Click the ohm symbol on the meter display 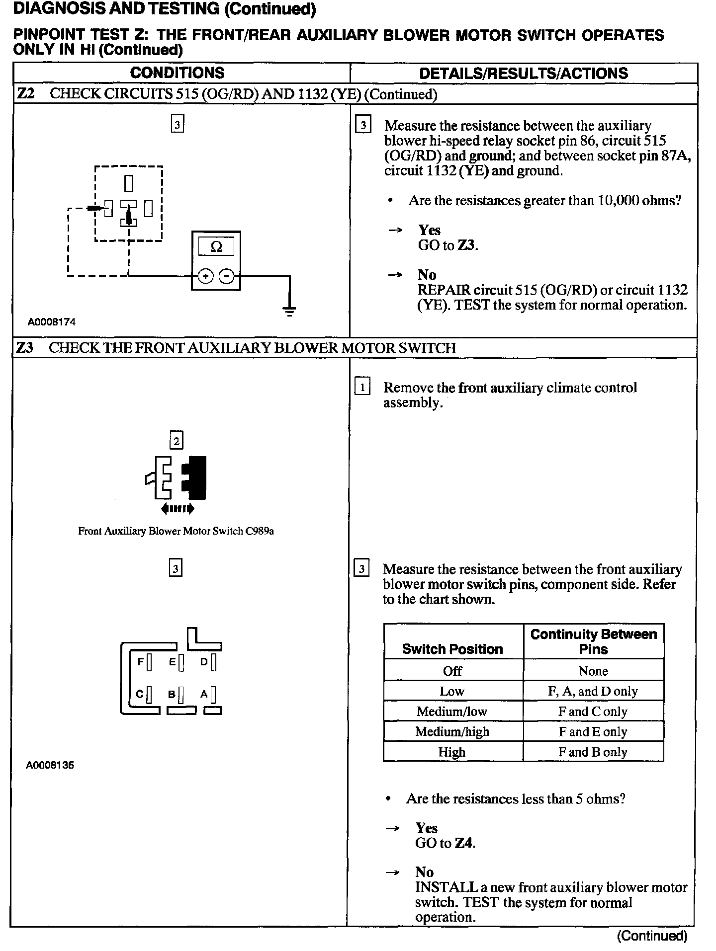tap(216, 247)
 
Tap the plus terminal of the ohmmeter tap(205, 276)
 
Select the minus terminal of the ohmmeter tap(227, 276)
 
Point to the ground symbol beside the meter tap(289, 311)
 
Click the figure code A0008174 tap(52, 322)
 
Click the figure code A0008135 tap(50, 765)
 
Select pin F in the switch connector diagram tap(149, 662)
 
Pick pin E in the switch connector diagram tap(181, 662)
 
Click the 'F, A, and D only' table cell tap(593, 691)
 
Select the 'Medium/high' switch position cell tap(452, 732)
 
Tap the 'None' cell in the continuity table tap(593, 671)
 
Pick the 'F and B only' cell tap(593, 752)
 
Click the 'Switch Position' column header tap(452, 649)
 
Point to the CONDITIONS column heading tap(178, 73)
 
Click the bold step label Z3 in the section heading tap(24, 348)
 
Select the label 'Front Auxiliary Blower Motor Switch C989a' tap(176, 531)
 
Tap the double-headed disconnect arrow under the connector tap(178, 508)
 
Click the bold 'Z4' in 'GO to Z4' tap(464, 843)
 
